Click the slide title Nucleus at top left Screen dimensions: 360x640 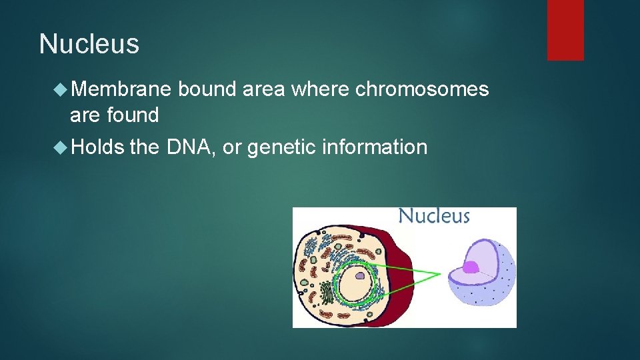point(89,45)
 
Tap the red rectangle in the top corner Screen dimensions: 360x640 point(565,29)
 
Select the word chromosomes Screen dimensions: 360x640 point(422,89)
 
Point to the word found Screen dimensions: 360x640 point(133,115)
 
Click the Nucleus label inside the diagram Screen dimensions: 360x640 point(434,217)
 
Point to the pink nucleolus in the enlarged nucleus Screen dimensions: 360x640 point(471,267)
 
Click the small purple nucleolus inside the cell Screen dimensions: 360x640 point(359,275)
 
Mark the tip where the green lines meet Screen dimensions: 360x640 point(439,274)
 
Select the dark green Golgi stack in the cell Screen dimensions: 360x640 point(326,293)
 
